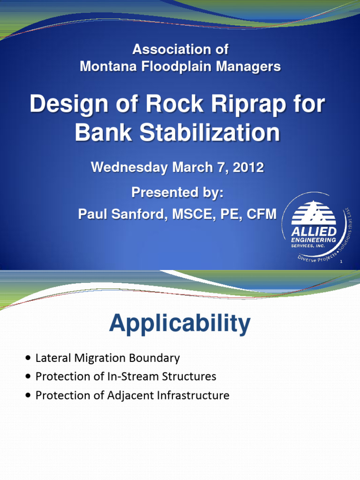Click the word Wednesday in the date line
129,167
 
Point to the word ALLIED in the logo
314,232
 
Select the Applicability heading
180,324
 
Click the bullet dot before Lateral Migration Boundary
29,359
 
